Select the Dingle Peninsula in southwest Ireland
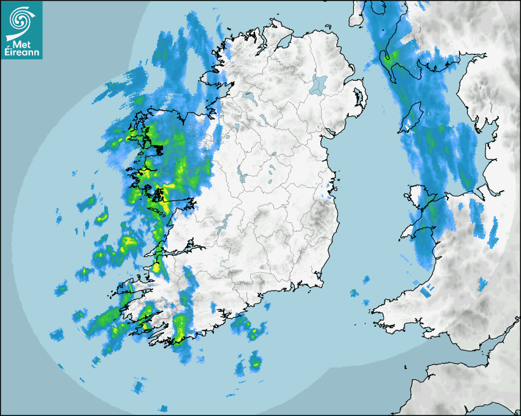(132, 288)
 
